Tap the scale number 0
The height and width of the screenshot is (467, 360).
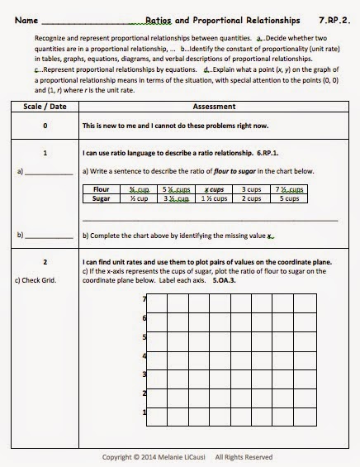click(45, 126)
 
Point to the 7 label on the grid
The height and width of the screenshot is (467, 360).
click(144, 298)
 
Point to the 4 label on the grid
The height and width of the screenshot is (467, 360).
click(144, 356)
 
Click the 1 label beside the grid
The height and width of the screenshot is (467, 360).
click(144, 412)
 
